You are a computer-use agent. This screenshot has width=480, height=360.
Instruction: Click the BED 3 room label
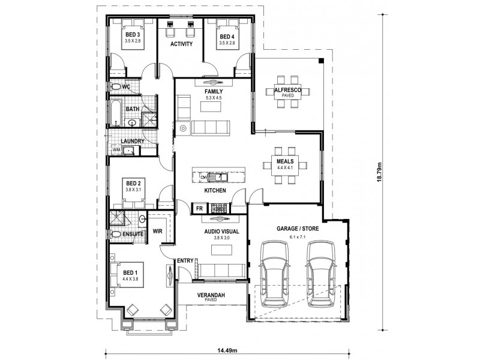point(133,35)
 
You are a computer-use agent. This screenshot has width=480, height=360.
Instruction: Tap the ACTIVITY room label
point(181,44)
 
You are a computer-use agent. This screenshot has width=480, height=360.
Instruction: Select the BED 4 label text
point(226,35)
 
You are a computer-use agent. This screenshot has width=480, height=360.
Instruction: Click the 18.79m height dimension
point(379,174)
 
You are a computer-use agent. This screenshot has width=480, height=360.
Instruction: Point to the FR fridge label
point(199,209)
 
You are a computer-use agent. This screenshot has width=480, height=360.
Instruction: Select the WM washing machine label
point(116,150)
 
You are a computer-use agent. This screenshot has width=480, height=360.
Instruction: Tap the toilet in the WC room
point(115,87)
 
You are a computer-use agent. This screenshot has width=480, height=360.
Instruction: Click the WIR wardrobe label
point(158,230)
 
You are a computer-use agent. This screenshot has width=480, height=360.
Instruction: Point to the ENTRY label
point(185,260)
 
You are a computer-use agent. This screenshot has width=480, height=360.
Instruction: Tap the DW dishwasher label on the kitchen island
point(203,178)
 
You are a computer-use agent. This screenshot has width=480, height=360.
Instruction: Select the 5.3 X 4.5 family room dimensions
point(214,98)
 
